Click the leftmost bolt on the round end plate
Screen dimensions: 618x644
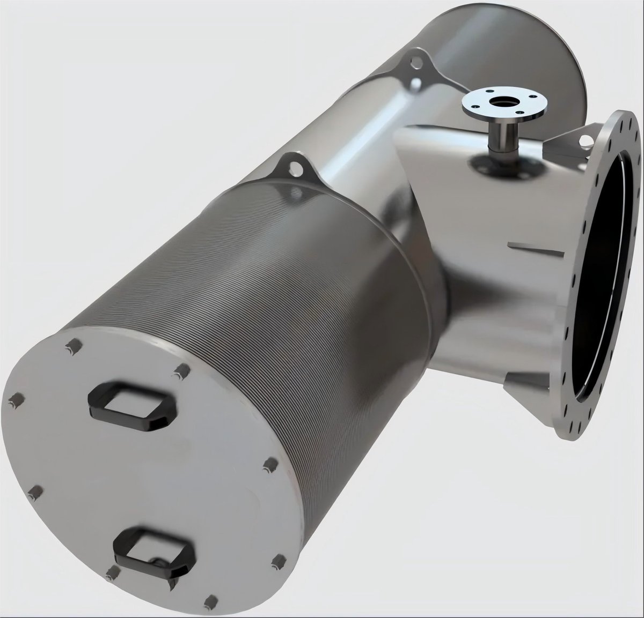(x=14, y=398)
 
